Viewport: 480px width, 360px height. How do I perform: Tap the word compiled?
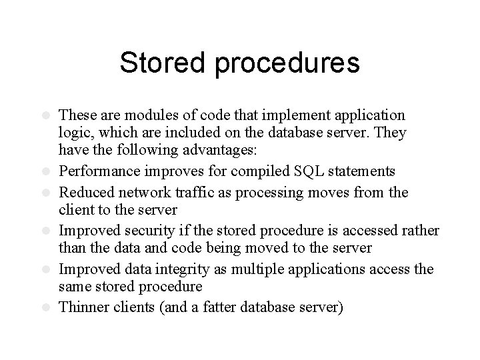click(264, 173)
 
